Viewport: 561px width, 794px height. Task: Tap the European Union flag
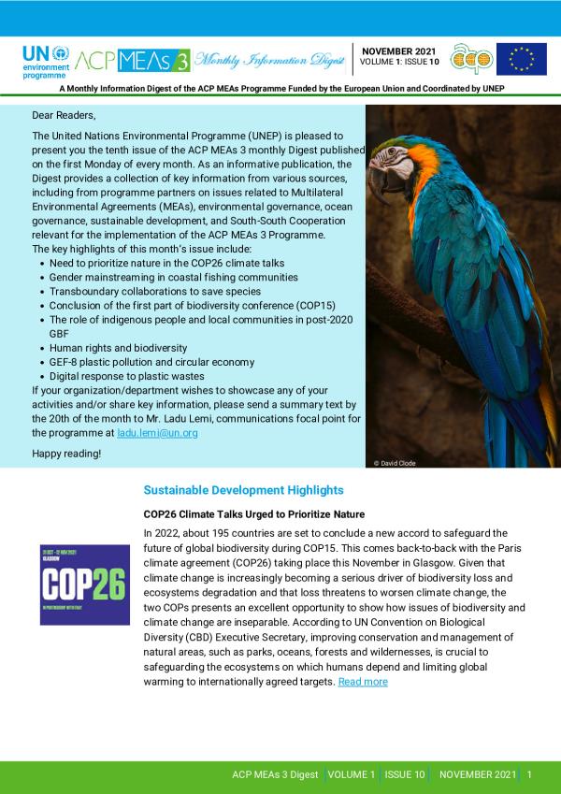[x=521, y=59]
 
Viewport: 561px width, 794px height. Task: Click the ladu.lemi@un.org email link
[x=157, y=433]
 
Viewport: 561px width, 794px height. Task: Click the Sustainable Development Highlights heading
[x=243, y=490]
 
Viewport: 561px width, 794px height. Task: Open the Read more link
[x=363, y=682]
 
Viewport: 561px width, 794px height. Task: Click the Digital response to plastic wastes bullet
[x=126, y=376]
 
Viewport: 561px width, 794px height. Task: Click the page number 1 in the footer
[x=530, y=775]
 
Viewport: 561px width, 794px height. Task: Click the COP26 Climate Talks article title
[x=253, y=514]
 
